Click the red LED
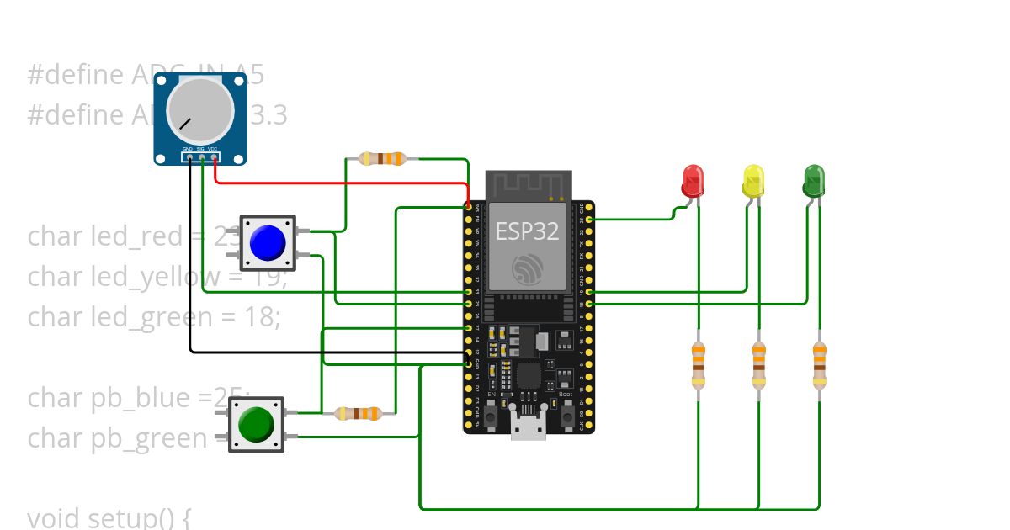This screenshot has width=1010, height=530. (x=692, y=181)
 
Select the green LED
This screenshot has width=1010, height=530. (x=814, y=181)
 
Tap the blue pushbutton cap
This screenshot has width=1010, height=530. (x=267, y=243)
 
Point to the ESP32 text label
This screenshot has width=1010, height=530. (x=527, y=231)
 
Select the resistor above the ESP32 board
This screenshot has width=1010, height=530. (x=383, y=158)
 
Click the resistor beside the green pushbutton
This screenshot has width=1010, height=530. (x=359, y=413)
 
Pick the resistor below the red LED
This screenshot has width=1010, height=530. (x=698, y=364)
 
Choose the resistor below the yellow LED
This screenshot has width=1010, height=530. (x=759, y=364)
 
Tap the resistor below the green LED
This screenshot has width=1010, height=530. (x=820, y=364)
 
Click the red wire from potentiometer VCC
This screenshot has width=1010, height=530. (x=337, y=182)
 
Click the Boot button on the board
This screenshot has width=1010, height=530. (x=566, y=415)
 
